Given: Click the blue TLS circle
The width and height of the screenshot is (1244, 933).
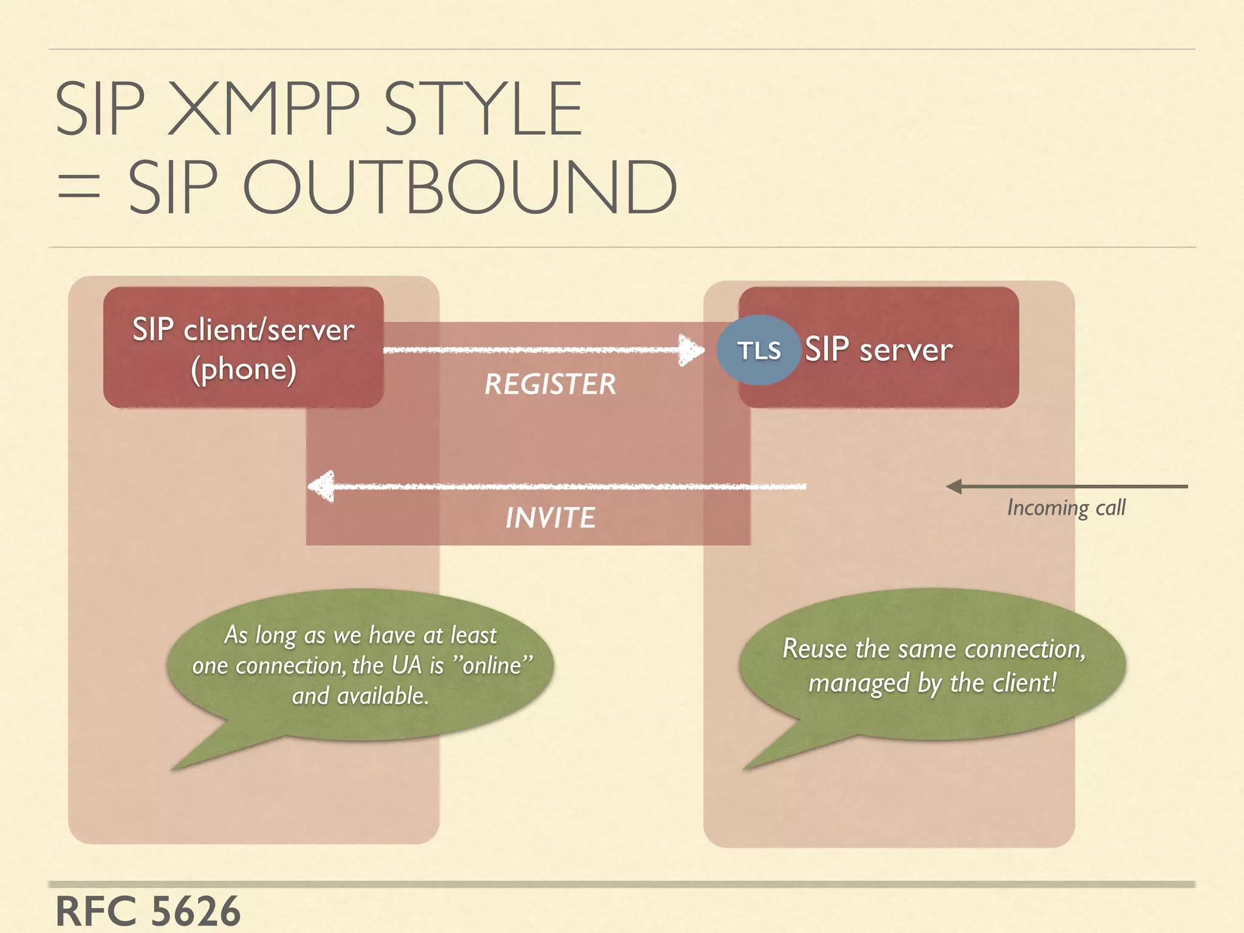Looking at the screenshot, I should point(758,350).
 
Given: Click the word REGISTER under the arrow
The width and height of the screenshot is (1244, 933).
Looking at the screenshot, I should point(550,384).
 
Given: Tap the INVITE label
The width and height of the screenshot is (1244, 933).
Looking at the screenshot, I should point(550,518).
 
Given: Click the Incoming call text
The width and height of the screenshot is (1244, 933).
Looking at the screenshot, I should point(1066,507).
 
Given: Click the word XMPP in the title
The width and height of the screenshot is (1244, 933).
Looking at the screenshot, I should point(264,109).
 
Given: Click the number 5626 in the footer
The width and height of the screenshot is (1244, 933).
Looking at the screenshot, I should point(195,911).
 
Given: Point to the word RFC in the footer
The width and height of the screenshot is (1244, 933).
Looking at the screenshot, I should point(95,911).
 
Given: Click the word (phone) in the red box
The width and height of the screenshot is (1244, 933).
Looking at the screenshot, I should point(244,369).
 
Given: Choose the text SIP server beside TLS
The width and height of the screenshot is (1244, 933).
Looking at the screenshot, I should point(878,350).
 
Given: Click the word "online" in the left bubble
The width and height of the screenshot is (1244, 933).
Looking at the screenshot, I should point(493,665).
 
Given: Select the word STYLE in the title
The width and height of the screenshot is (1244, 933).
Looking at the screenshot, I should point(483,109).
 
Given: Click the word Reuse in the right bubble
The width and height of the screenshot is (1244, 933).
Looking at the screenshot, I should point(814,649).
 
